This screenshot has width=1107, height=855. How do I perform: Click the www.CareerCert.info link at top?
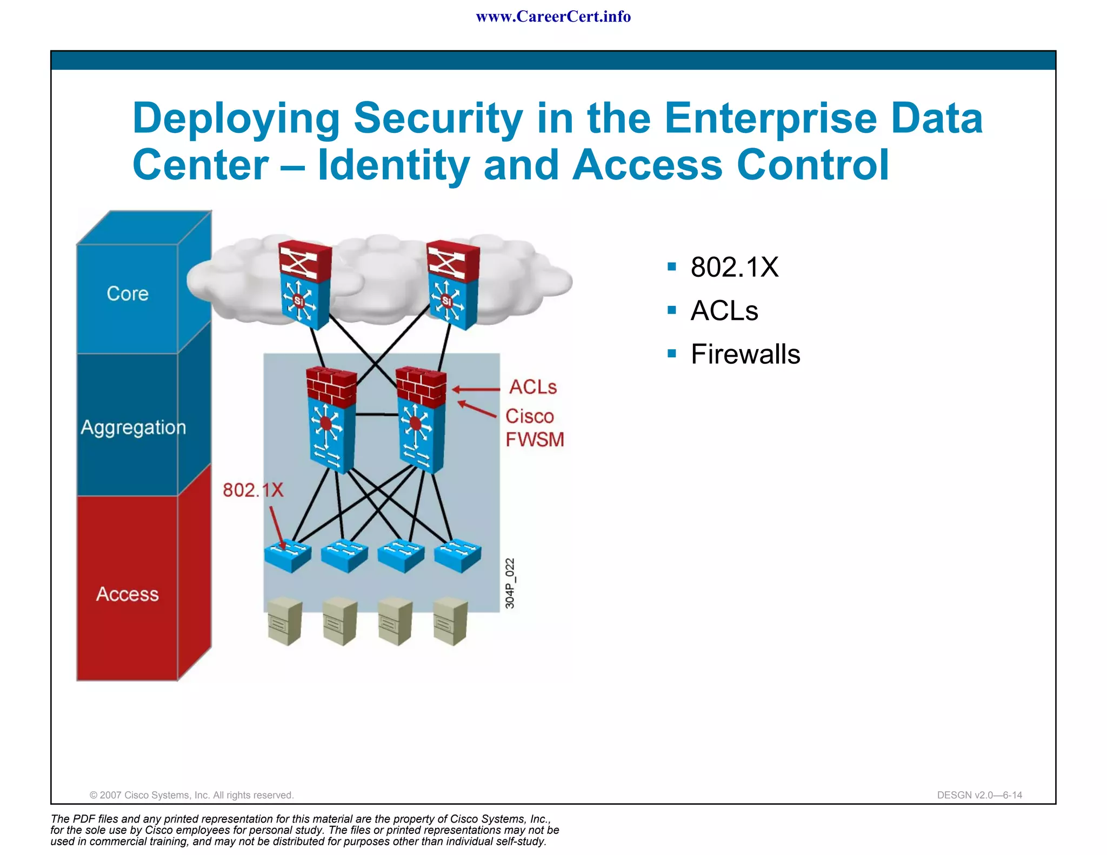553,17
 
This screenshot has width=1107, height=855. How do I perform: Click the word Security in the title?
438,118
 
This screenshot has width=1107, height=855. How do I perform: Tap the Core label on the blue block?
128,293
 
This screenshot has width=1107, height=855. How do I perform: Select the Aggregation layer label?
133,427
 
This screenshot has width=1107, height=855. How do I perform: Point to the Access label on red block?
128,594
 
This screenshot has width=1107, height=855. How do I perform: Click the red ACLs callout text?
533,387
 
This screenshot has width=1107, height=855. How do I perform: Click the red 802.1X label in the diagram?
253,490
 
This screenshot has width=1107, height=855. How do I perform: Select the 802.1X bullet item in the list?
734,267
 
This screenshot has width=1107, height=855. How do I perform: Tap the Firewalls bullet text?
745,355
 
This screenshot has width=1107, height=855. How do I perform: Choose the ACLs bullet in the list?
724,311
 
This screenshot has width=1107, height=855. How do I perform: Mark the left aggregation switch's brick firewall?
331,386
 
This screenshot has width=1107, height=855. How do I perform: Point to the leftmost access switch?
288,555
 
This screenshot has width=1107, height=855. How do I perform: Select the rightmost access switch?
458,555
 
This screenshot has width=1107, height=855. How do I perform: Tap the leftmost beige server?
284,622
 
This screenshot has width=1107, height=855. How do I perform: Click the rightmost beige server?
450,622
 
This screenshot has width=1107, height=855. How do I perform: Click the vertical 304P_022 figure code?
510,584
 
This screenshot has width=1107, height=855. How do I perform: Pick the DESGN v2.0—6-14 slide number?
979,795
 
